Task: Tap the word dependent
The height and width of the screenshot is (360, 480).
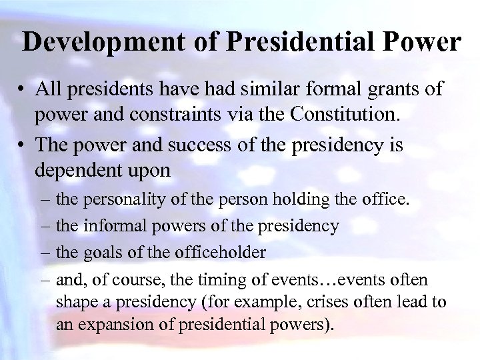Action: pyautogui.click(x=86, y=170)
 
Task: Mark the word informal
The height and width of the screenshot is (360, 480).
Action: pyautogui.click(x=109, y=227)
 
